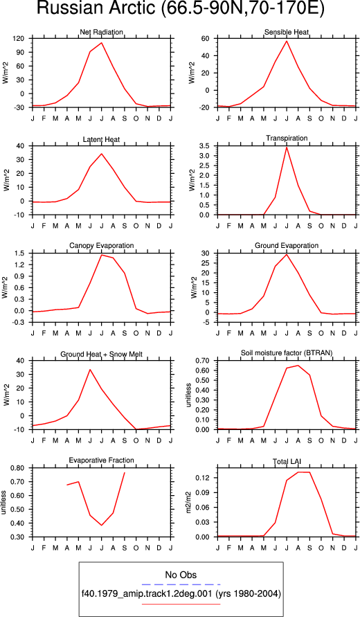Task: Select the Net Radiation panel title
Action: [x=102, y=32]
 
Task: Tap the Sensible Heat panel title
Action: [x=287, y=32]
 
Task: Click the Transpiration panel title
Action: [x=287, y=138]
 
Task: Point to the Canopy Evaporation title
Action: [x=102, y=246]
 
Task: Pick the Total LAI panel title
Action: [x=287, y=460]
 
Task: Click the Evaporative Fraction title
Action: [x=102, y=460]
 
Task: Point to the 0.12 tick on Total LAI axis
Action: [x=205, y=478]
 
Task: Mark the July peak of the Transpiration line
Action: [x=287, y=147]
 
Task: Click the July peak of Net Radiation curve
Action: [x=102, y=42]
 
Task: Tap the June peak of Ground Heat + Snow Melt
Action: [x=90, y=370]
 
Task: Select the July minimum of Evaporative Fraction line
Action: [x=102, y=526]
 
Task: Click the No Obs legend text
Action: [x=181, y=575]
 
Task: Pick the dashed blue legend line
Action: [x=181, y=584]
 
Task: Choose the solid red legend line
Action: [x=181, y=604]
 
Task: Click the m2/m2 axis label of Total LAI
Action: [x=189, y=502]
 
